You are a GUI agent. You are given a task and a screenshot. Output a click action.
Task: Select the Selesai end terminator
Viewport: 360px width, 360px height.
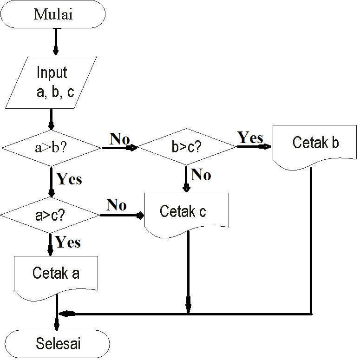(58, 344)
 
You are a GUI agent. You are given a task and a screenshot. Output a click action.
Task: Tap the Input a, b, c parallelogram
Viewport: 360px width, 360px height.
(52, 82)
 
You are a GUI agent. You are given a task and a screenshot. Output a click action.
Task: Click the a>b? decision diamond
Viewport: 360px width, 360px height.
(51, 148)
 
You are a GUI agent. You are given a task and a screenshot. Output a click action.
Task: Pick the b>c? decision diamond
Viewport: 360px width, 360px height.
(187, 148)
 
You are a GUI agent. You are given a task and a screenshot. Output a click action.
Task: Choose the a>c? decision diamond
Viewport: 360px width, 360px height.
(50, 216)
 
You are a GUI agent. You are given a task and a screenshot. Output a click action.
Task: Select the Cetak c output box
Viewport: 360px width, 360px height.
(187, 214)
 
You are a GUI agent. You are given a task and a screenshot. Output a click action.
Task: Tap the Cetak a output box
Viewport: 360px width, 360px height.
(56, 275)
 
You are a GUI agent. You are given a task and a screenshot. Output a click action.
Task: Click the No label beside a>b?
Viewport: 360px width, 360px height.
(119, 138)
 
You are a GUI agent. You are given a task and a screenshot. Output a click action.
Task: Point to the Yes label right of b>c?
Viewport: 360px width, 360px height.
(250, 137)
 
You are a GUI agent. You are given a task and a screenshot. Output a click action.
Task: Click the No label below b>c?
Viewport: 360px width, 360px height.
(201, 175)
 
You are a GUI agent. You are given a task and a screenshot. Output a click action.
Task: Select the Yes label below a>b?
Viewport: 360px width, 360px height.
(69, 179)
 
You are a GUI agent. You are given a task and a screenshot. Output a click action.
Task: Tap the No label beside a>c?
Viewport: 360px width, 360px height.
(116, 205)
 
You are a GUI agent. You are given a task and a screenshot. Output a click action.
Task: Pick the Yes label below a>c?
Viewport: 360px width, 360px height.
(68, 242)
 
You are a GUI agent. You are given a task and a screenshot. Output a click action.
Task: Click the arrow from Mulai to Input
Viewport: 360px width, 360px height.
(56, 42)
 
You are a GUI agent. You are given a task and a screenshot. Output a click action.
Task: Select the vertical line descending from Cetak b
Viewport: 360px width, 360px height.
(310, 242)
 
